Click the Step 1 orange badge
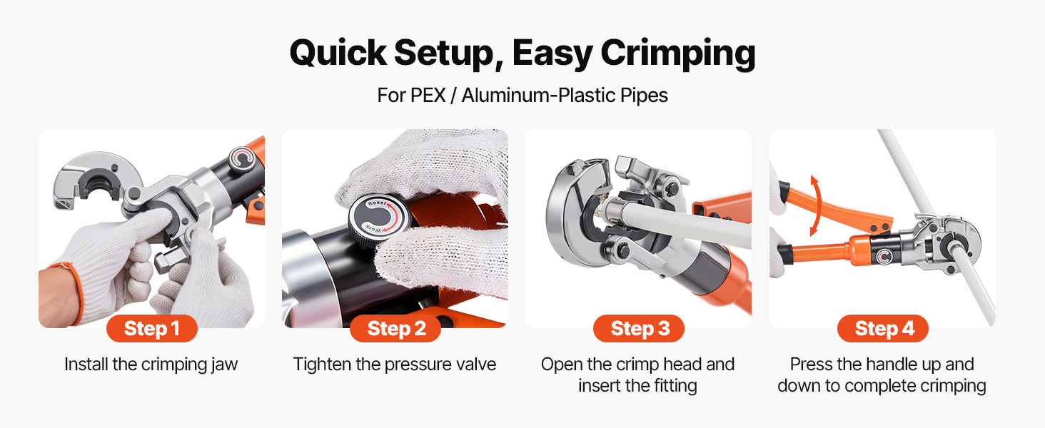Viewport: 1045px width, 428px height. [x=151, y=329]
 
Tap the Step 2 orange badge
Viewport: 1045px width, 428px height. [x=395, y=329]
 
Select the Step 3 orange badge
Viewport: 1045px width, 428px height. [x=639, y=329]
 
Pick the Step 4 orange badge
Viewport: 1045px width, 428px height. [x=883, y=329]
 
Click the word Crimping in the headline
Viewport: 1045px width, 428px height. [x=678, y=54]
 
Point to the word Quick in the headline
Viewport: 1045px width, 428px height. [x=338, y=53]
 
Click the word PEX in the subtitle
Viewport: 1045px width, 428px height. [x=428, y=95]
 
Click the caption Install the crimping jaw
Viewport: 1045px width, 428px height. [x=151, y=365]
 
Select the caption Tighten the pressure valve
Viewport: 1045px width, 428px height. [x=395, y=365]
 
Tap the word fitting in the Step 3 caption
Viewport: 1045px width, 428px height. [x=675, y=386]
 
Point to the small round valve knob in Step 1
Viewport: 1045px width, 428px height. [x=241, y=160]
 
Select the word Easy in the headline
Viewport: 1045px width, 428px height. [x=552, y=54]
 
